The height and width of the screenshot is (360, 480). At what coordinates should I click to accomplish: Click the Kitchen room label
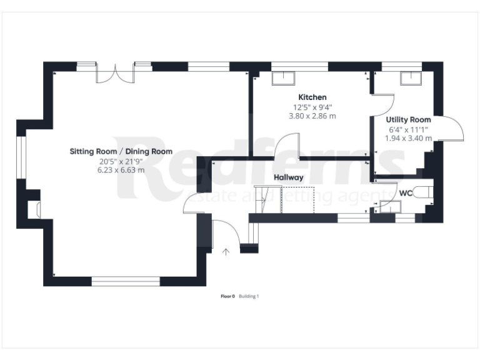[312, 97]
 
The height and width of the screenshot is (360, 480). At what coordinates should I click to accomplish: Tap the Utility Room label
[408, 119]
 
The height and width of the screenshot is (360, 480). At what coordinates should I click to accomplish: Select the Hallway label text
[288, 177]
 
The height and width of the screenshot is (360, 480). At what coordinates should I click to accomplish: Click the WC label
[406, 193]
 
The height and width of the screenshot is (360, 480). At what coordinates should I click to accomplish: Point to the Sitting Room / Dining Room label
[121, 151]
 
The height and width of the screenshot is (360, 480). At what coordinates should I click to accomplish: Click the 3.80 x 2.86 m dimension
[312, 116]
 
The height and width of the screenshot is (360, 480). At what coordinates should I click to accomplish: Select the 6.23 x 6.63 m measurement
[121, 169]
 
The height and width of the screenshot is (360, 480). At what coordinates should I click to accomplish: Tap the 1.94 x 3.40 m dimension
[408, 138]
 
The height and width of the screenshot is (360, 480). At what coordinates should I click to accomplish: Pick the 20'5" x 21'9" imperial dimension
[121, 161]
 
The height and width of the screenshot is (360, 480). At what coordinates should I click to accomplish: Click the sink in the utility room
[410, 77]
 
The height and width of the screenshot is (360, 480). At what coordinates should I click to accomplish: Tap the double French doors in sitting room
[116, 74]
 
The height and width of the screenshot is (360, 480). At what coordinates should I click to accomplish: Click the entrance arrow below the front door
[226, 251]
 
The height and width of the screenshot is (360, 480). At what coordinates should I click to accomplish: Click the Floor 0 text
[227, 296]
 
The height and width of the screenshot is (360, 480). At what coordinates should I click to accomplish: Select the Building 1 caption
[249, 296]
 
